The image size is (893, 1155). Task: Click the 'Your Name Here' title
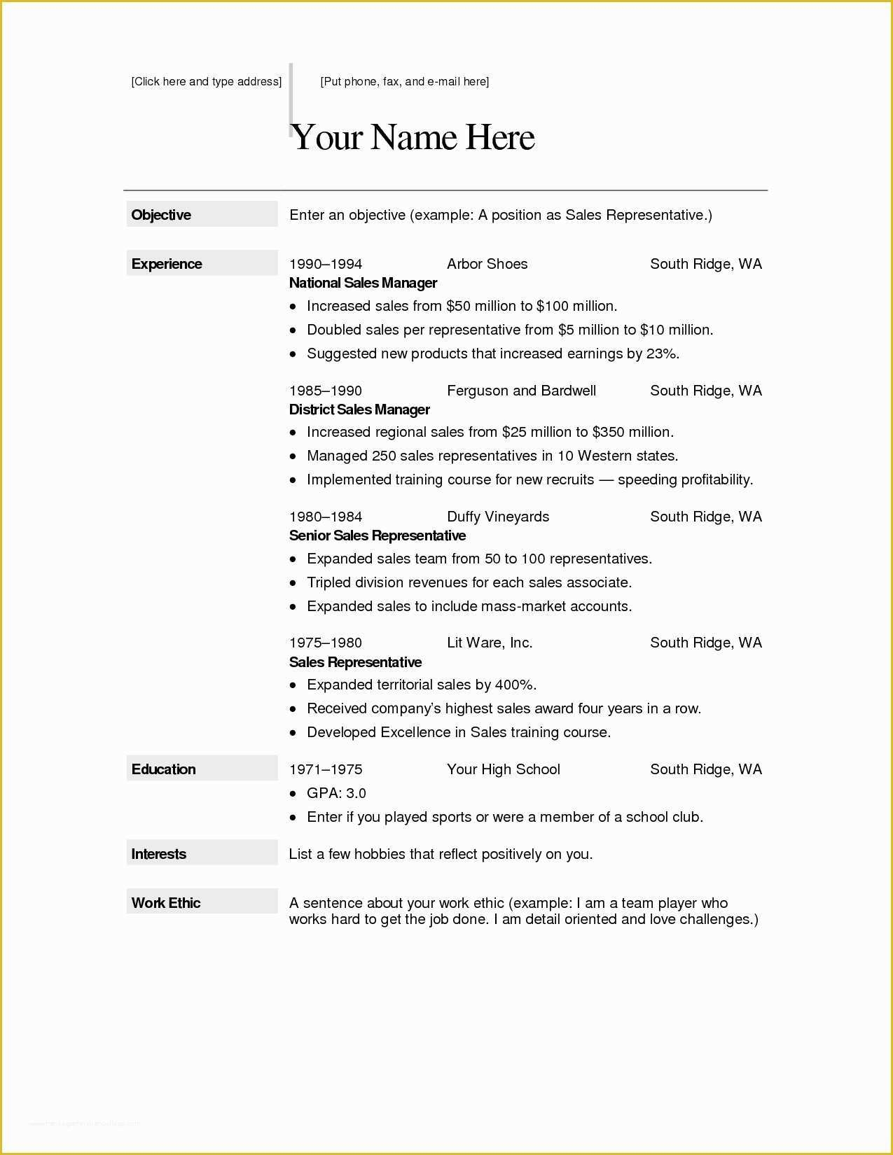pos(413,137)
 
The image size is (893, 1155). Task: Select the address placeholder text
pos(207,81)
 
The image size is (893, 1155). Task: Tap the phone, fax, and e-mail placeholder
pos(405,81)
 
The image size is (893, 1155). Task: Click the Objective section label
pos(161,215)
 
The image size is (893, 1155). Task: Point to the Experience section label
pos(167,264)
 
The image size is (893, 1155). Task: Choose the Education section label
pos(164,769)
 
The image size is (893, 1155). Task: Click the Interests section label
pos(159,854)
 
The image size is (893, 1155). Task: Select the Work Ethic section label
pos(166,903)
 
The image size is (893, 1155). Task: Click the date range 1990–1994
pos(326,264)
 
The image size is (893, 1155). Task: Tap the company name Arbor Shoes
pos(487,264)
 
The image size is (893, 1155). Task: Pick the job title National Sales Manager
pos(363,283)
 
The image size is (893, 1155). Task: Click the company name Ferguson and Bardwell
pos(522,391)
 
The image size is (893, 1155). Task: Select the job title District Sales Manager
pos(359,409)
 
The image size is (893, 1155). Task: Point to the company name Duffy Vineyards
pos(498,517)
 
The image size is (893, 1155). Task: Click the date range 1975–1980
pos(326,643)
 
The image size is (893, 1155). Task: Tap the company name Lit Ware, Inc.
pos(490,643)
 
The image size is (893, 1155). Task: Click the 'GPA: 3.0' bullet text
pos(336,793)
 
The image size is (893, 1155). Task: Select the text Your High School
pos(504,769)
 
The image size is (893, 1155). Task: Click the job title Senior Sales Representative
pos(378,535)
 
